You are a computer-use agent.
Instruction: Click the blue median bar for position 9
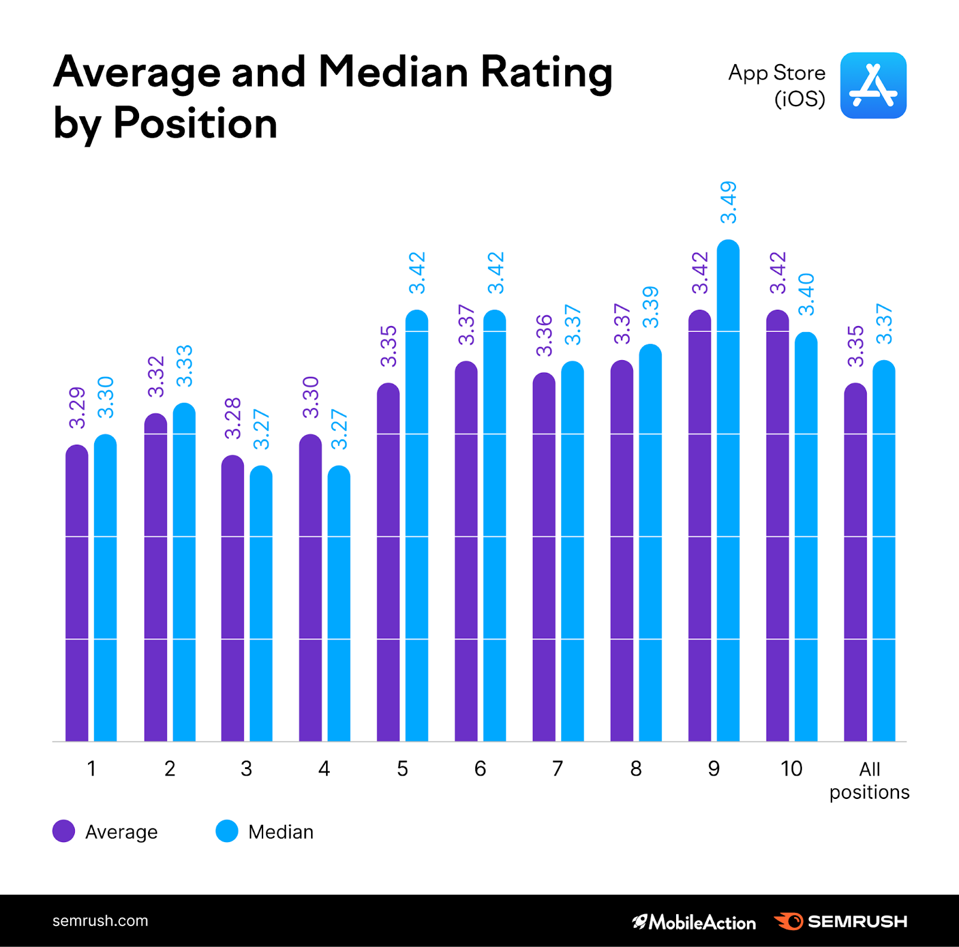tap(728, 491)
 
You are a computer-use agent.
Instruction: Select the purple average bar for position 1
tap(77, 593)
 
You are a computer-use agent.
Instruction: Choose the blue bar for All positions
tap(883, 551)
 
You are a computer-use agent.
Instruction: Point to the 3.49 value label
tap(728, 203)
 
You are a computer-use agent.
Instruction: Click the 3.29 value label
tap(77, 408)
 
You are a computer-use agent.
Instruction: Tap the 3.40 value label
tap(807, 294)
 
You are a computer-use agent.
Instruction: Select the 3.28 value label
tap(233, 418)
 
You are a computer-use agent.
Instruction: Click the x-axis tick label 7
tap(557, 768)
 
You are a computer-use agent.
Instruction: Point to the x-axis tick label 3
tap(246, 768)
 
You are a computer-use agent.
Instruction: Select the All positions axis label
tap(870, 780)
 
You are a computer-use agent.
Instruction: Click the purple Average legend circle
tap(64, 831)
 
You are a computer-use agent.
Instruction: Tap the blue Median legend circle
tap(227, 831)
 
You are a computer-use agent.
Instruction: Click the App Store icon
tap(873, 85)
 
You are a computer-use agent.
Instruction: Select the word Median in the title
tap(393, 72)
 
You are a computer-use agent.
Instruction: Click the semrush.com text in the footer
tap(100, 921)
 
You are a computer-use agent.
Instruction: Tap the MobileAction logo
tap(694, 922)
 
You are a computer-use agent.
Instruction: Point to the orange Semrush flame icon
tap(789, 921)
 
